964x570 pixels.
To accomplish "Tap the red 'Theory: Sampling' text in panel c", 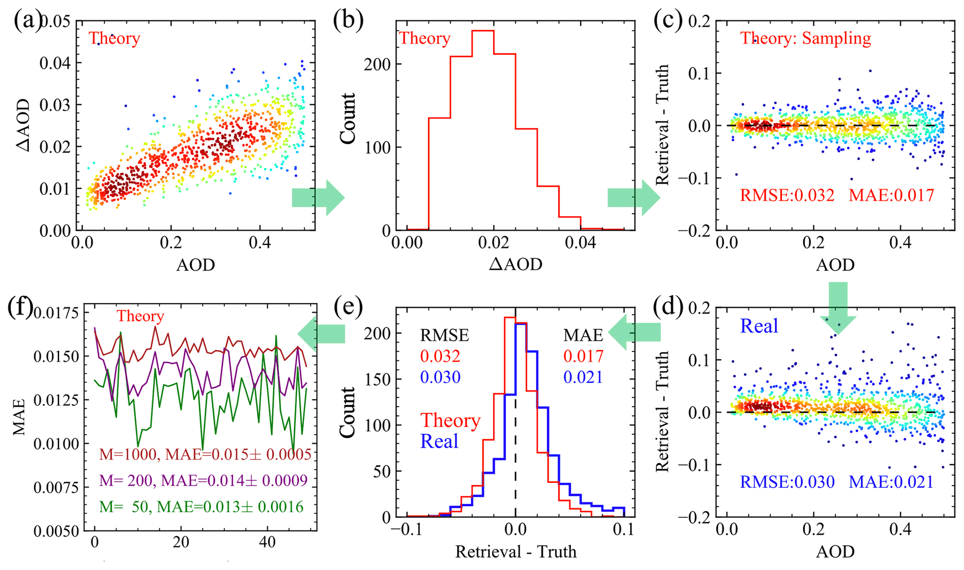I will coord(805,38).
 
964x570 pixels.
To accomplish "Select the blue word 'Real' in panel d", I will coord(759,326).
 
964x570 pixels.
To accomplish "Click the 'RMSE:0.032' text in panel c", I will coord(787,195).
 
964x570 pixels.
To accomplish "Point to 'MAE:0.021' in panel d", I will coord(891,481).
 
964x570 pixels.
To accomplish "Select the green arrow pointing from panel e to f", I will coord(321,333).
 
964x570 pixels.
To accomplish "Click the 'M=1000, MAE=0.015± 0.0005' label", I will coord(205,454).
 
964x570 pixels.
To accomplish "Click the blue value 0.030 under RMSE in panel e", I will coord(440,377).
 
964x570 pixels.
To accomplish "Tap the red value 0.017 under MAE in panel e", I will coord(583,356).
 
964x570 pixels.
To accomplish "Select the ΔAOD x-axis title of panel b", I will coord(515,264).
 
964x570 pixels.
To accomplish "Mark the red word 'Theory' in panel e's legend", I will coord(450,421).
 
